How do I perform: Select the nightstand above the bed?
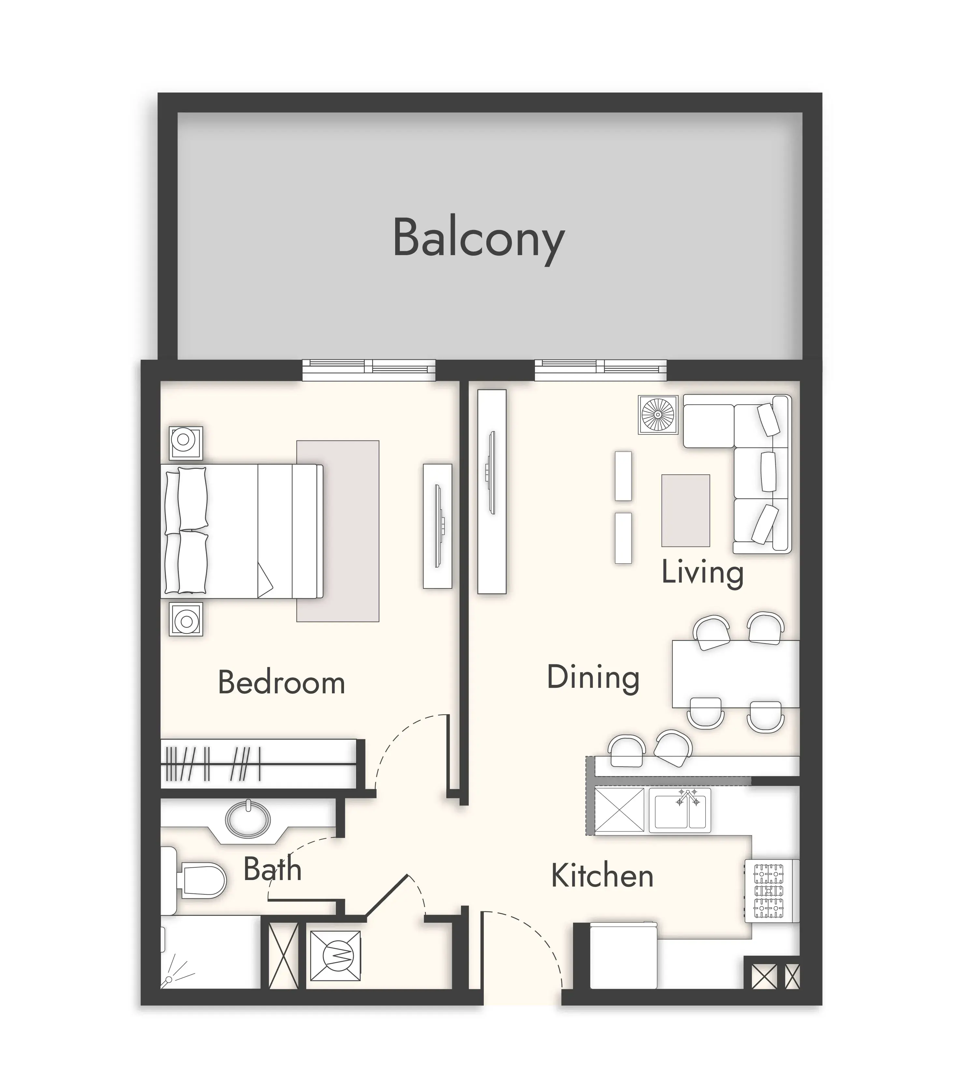[x=186, y=443]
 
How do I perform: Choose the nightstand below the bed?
[x=186, y=619]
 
